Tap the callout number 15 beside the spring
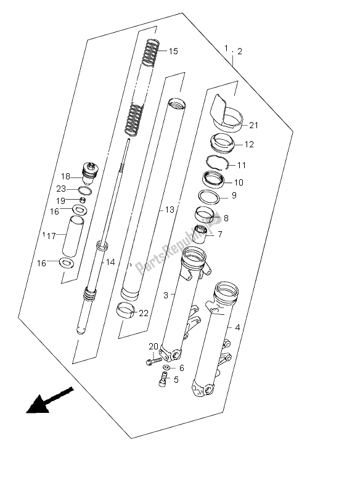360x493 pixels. pyautogui.click(x=173, y=51)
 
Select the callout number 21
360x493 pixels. pyautogui.click(x=254, y=126)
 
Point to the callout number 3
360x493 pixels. pyautogui.click(x=165, y=296)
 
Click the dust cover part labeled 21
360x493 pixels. pyautogui.click(x=224, y=113)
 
